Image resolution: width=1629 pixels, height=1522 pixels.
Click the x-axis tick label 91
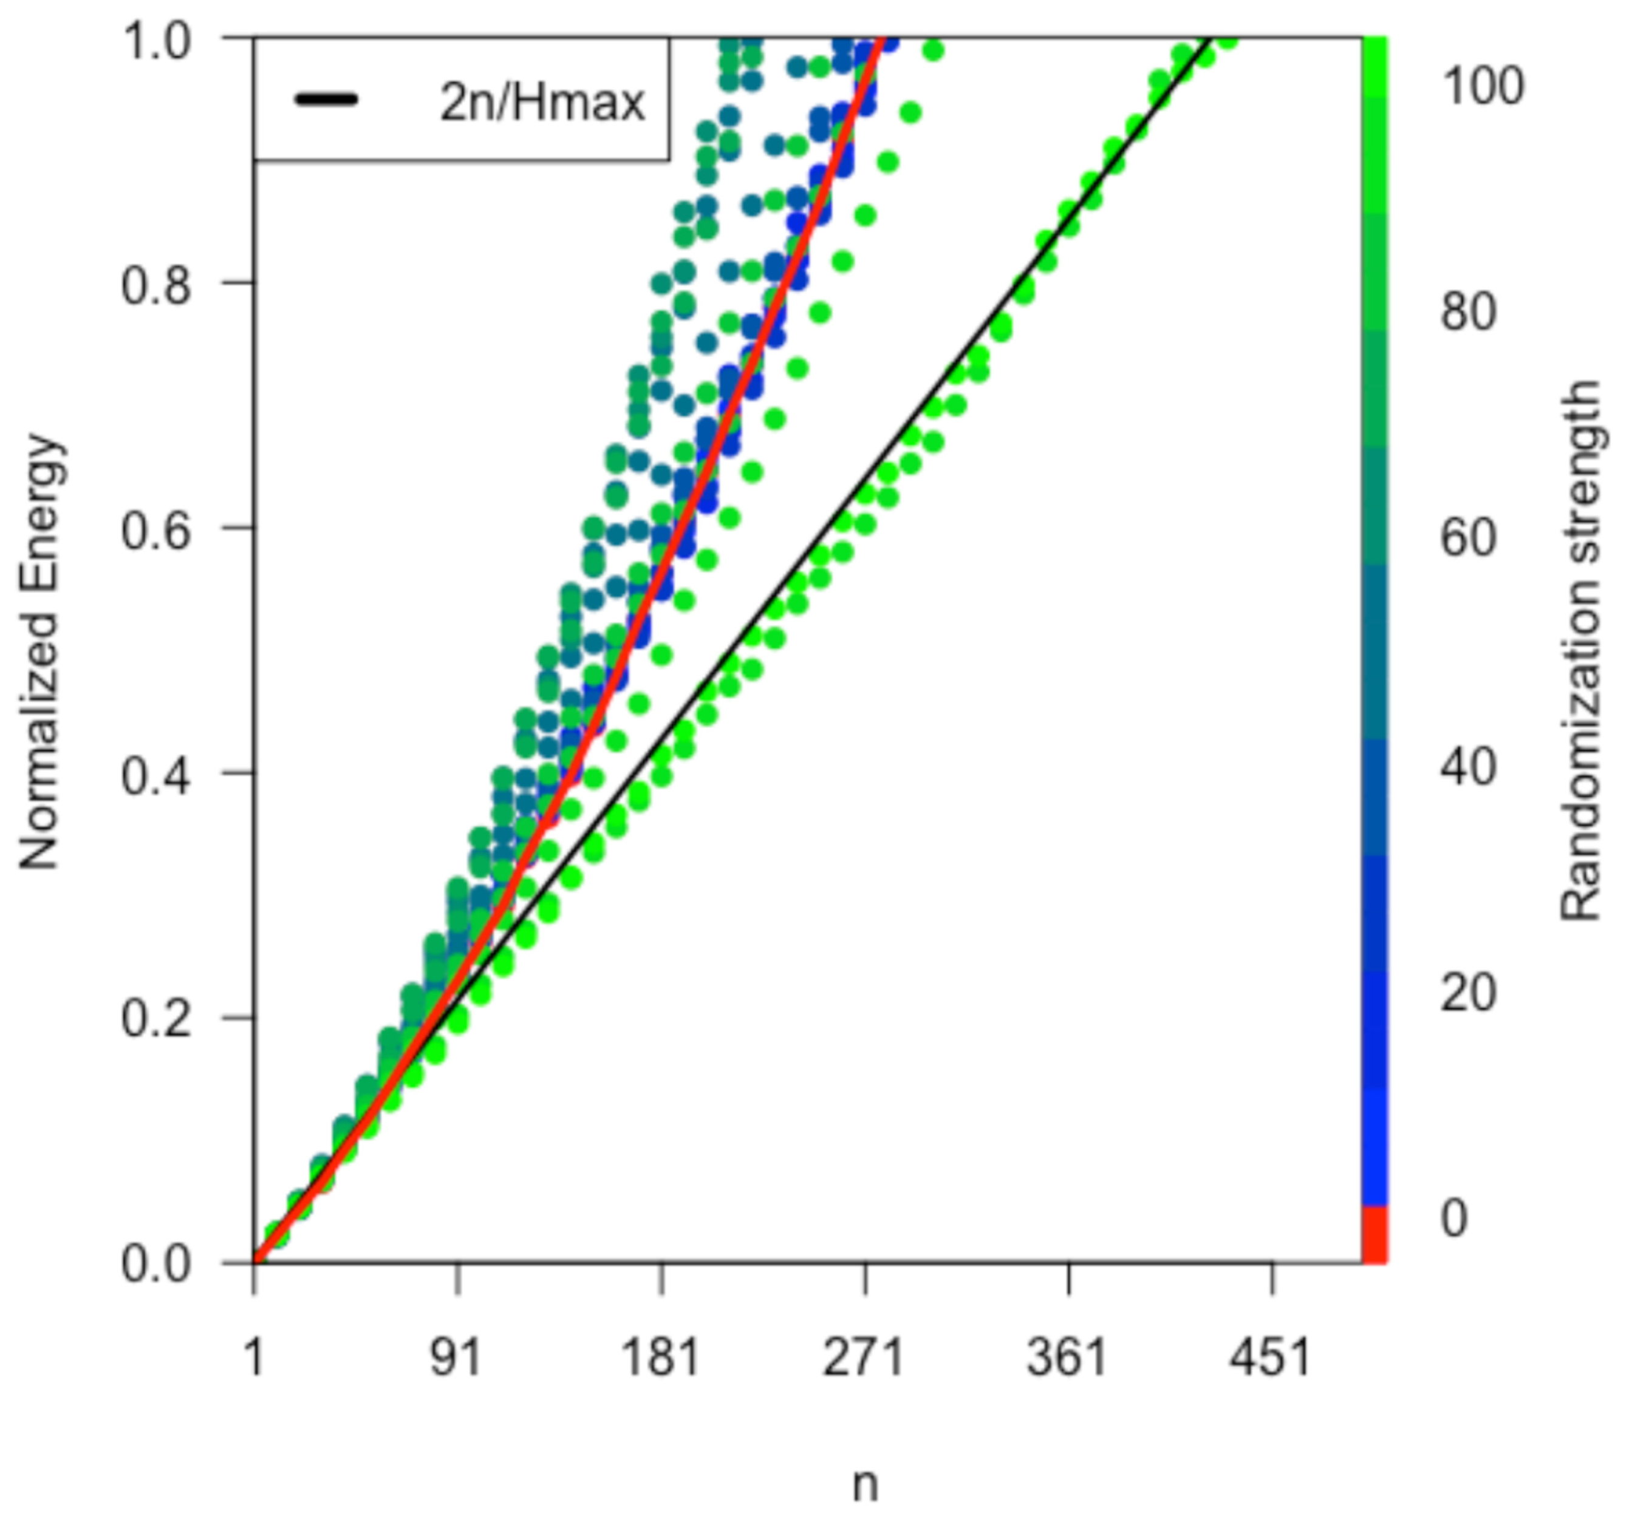click(x=456, y=1358)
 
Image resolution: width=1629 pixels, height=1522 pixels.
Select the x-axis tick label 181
click(x=660, y=1358)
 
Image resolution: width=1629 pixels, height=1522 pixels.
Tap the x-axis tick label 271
click(x=864, y=1358)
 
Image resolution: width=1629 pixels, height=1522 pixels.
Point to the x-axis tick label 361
click(x=1068, y=1358)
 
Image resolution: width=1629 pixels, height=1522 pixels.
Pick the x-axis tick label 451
click(x=1271, y=1358)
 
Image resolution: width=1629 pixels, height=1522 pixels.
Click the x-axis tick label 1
click(x=254, y=1358)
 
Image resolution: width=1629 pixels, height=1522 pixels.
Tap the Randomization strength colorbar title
click(x=1580, y=652)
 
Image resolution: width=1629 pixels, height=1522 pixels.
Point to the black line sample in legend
click(x=326, y=100)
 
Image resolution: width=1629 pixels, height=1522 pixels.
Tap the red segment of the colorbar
click(x=1374, y=1234)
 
